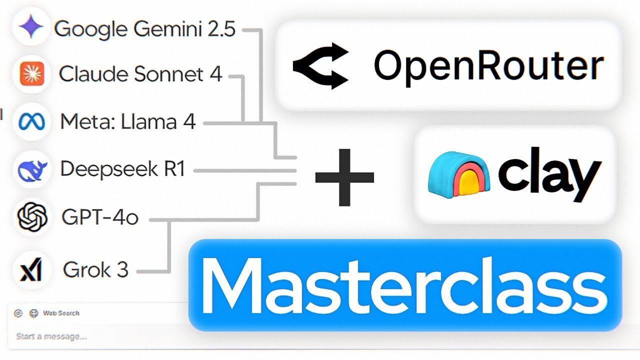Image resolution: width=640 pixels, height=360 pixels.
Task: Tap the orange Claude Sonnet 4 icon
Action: [x=32, y=74]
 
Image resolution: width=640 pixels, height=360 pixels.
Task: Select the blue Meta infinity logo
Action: [x=32, y=122]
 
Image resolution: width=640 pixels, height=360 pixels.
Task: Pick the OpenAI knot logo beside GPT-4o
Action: [x=32, y=217]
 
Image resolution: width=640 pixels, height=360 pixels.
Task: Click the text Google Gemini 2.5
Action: [x=144, y=29]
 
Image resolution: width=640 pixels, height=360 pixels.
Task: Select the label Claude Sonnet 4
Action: [x=140, y=74]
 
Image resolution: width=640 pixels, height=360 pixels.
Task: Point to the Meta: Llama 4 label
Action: [x=127, y=122]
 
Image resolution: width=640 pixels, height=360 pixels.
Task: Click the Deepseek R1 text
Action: [x=122, y=169]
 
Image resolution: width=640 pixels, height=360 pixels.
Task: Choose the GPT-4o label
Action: [x=99, y=218]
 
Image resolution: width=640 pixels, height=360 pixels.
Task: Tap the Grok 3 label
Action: [x=95, y=270]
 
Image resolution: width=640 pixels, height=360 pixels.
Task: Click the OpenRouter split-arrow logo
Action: [x=320, y=65]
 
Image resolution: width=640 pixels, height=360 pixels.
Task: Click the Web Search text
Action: [x=61, y=313]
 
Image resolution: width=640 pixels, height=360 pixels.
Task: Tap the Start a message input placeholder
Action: [x=51, y=336]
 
